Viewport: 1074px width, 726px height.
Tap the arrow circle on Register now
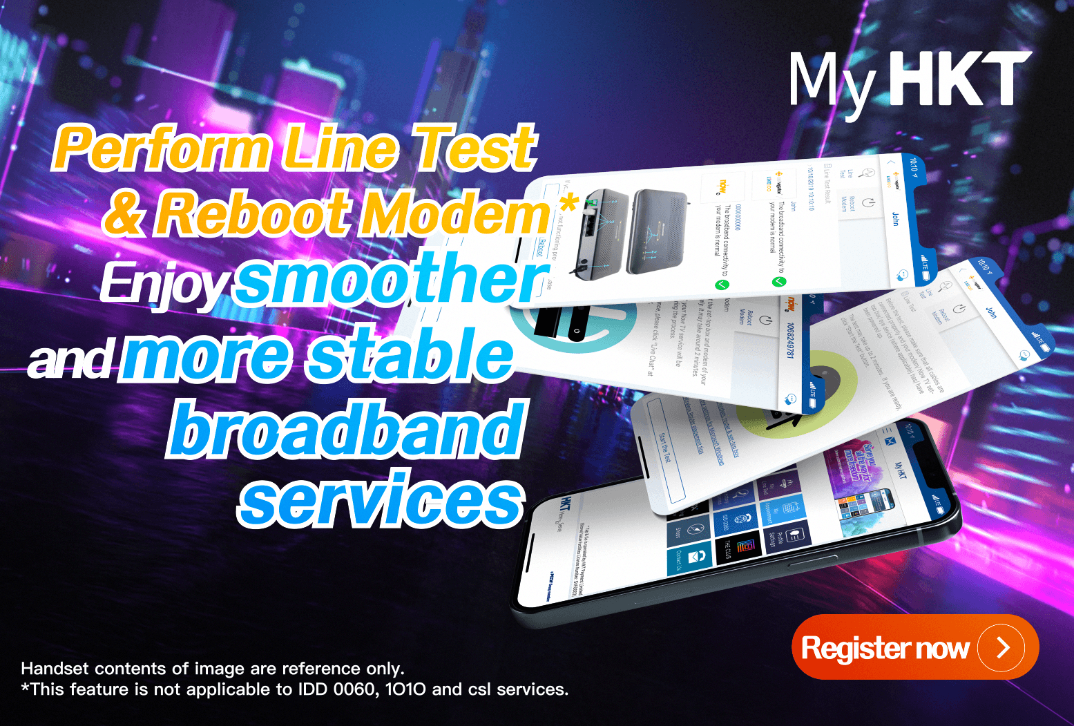point(1001,647)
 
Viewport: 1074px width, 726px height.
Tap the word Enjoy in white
point(164,284)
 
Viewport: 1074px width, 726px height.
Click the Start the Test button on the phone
point(664,448)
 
